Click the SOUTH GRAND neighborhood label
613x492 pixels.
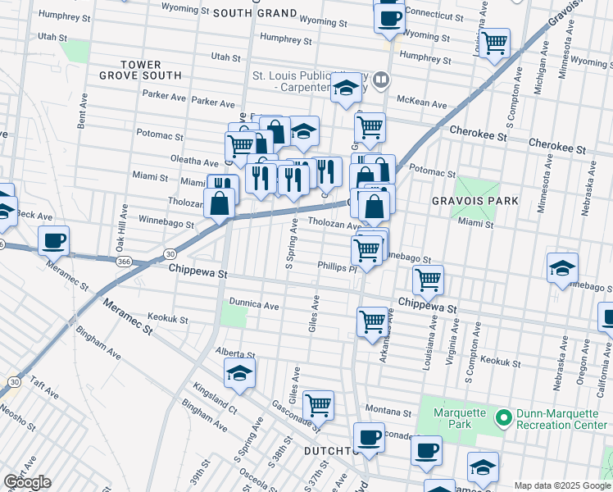(x=254, y=13)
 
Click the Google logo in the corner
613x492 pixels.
(x=27, y=482)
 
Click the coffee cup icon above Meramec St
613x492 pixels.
(x=54, y=241)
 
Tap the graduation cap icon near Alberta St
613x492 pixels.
(x=239, y=373)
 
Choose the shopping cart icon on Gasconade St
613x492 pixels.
(x=318, y=405)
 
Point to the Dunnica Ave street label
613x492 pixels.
(x=254, y=304)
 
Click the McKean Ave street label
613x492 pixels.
(x=421, y=104)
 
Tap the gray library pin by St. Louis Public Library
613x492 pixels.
(x=380, y=80)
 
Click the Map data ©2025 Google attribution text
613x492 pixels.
(x=561, y=485)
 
